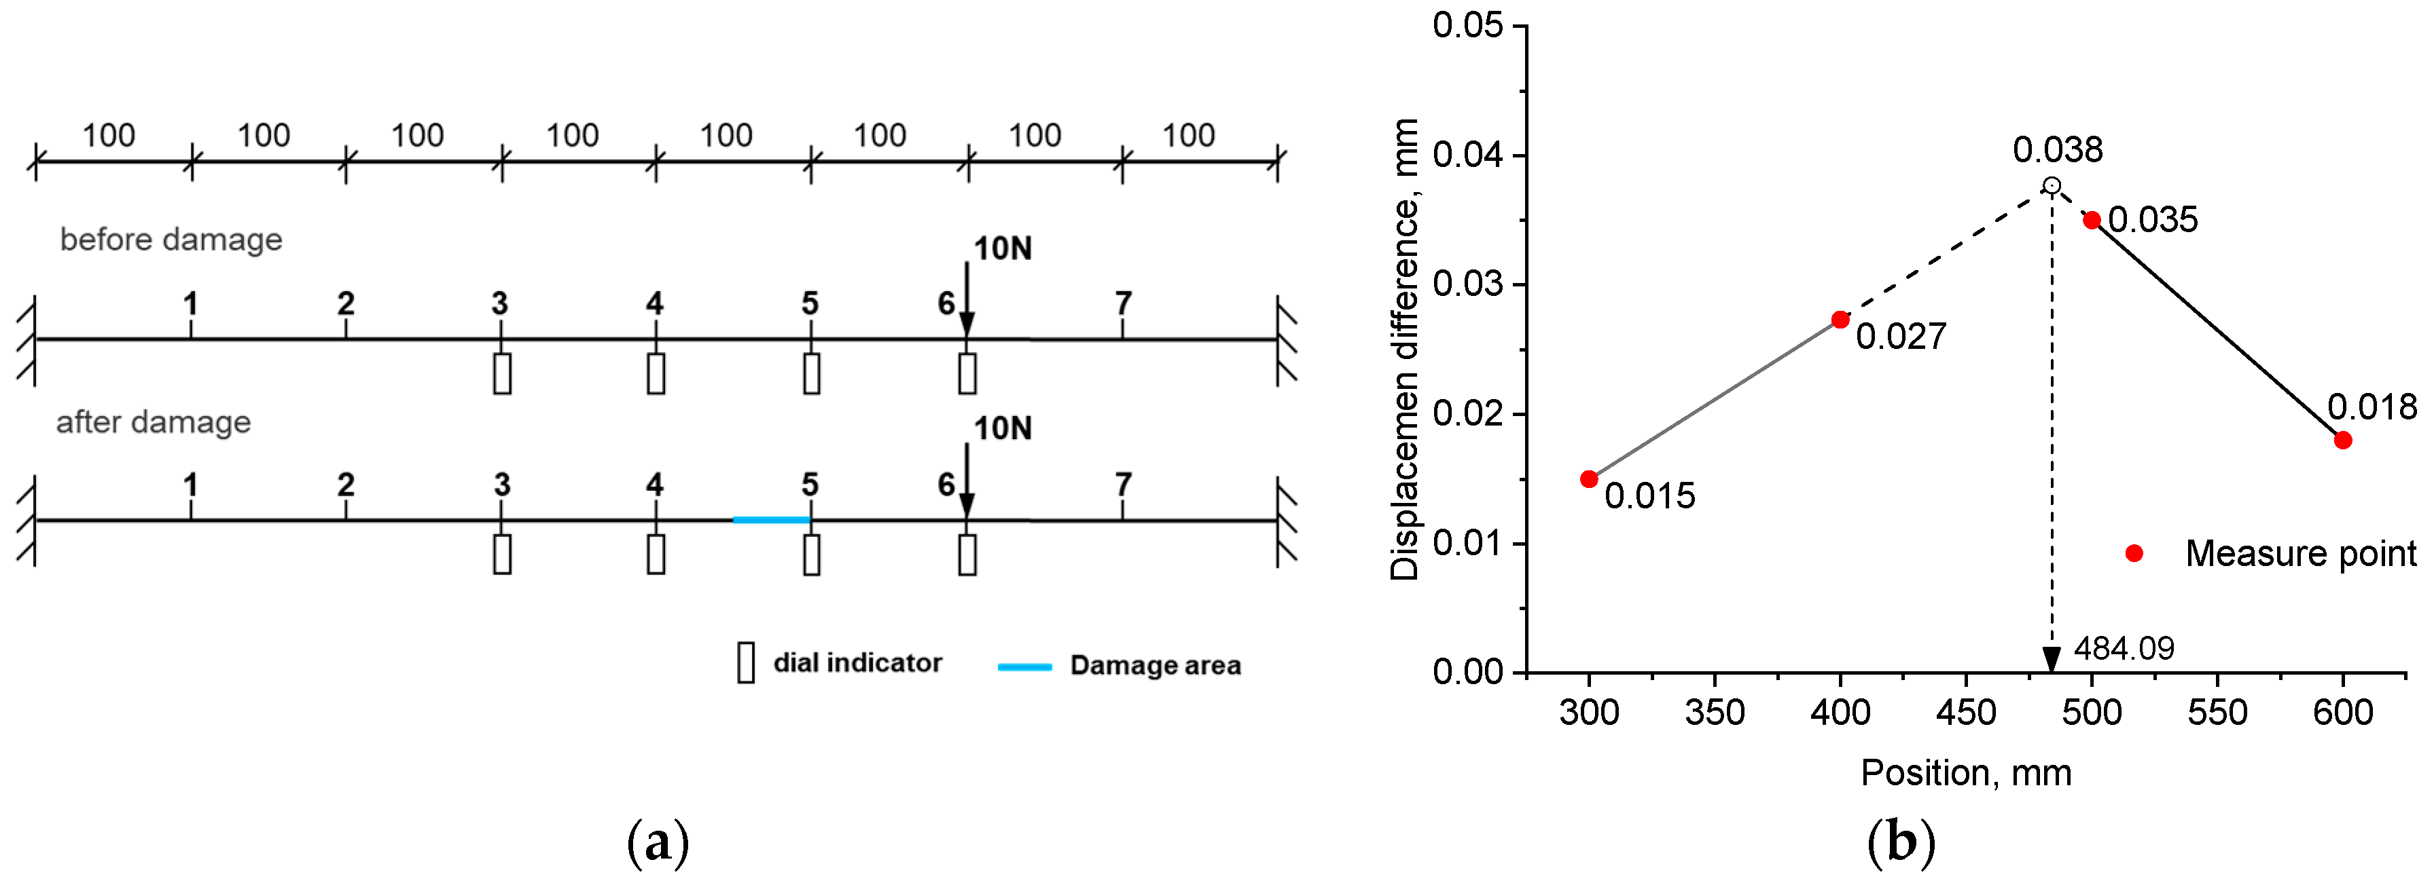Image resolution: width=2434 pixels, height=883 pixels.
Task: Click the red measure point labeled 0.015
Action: (x=1590, y=480)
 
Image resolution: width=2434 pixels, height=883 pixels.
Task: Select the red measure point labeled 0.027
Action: (x=1840, y=320)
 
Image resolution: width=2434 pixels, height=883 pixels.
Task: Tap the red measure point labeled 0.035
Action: (x=2092, y=220)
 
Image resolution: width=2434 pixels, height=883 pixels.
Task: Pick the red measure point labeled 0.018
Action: (x=2342, y=440)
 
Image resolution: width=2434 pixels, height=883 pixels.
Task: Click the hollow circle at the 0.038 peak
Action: (x=2052, y=185)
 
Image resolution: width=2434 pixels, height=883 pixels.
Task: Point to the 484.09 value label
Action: (x=2123, y=649)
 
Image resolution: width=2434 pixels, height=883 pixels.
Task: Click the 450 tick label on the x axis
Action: (x=1965, y=712)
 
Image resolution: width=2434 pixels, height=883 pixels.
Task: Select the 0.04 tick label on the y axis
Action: (x=1467, y=154)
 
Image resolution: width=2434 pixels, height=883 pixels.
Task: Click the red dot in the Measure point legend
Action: (x=2134, y=553)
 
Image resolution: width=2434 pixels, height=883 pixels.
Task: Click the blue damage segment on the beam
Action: (x=771, y=519)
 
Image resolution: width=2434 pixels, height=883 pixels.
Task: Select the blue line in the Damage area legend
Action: (x=1024, y=666)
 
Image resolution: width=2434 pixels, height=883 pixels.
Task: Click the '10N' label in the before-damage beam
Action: (x=1003, y=248)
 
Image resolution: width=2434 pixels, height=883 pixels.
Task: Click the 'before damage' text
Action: (x=171, y=240)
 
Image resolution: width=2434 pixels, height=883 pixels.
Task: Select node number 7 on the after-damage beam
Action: (x=1122, y=485)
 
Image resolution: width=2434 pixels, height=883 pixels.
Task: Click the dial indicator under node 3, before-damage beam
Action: (x=502, y=373)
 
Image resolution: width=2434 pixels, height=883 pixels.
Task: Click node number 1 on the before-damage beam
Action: (x=191, y=303)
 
